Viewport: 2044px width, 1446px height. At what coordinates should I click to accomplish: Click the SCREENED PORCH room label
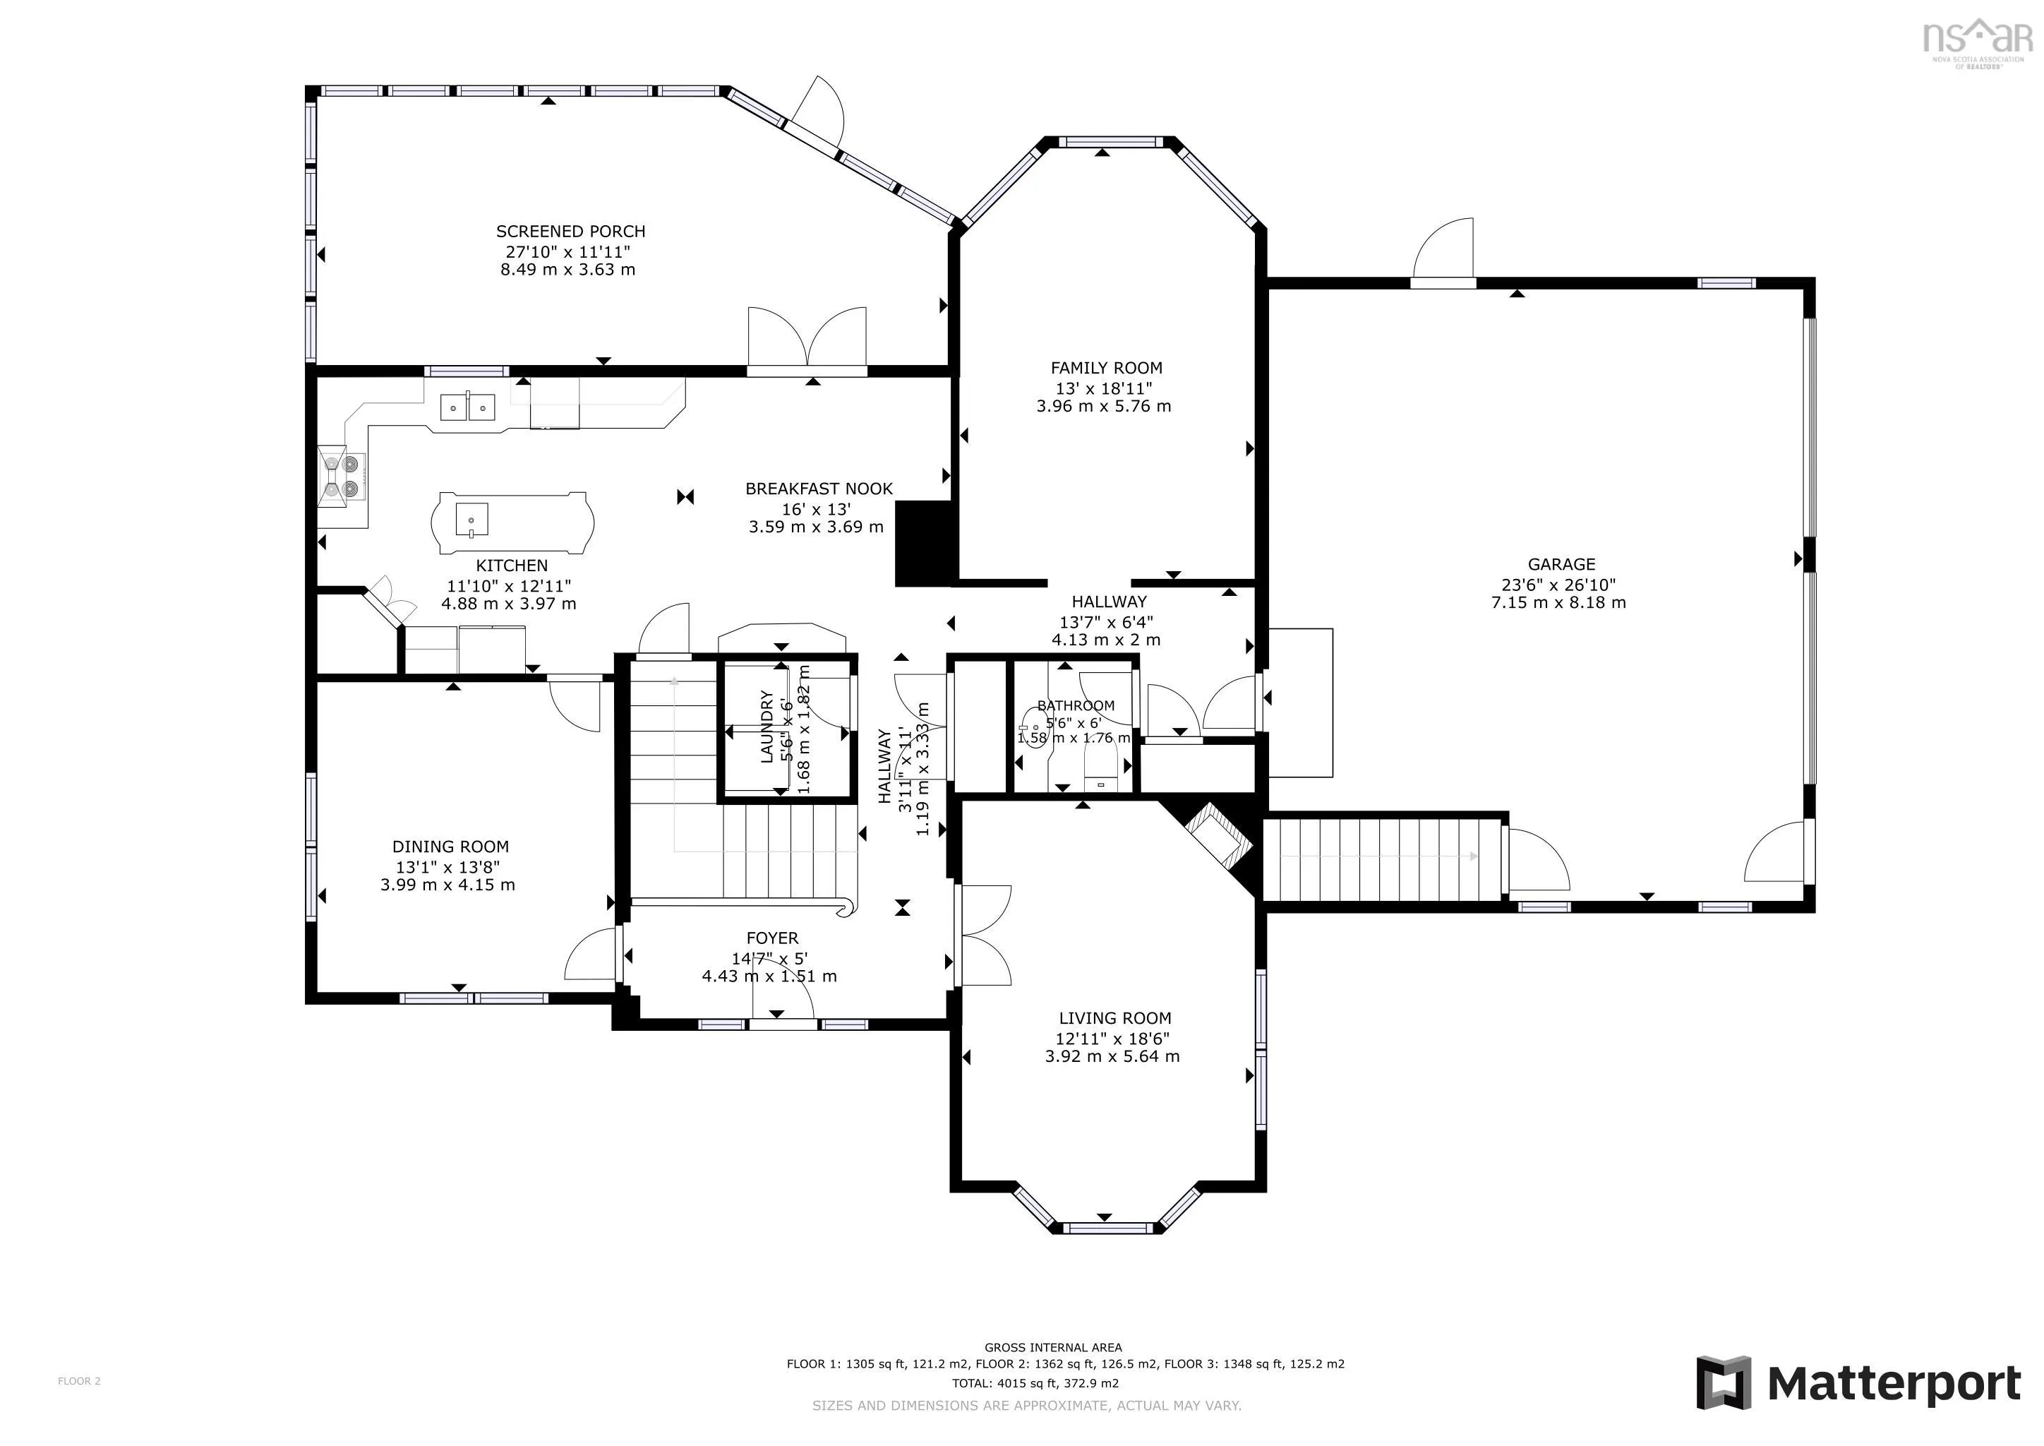pos(571,232)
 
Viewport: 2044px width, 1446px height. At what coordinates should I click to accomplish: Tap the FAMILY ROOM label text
pos(1107,368)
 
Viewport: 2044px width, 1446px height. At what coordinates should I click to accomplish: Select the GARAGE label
pos(1561,565)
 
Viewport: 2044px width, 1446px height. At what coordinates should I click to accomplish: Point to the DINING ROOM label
pos(450,847)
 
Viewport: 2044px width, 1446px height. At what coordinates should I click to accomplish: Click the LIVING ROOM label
pos(1114,1017)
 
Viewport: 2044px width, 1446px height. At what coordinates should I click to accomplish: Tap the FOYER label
pos(773,938)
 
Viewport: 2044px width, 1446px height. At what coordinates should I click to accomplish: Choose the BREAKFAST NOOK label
pos(819,489)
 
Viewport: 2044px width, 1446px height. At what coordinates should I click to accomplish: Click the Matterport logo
pos(1858,1382)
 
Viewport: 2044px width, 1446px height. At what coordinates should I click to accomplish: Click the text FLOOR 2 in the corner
pos(79,1381)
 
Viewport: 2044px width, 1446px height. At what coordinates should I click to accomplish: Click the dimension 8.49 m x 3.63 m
pos(568,270)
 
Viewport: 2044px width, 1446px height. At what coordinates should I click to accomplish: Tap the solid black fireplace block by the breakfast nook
pos(925,543)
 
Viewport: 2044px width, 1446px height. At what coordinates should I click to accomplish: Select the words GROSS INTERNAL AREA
pos(1053,1347)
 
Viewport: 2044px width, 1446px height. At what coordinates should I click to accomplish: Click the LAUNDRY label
pos(766,727)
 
